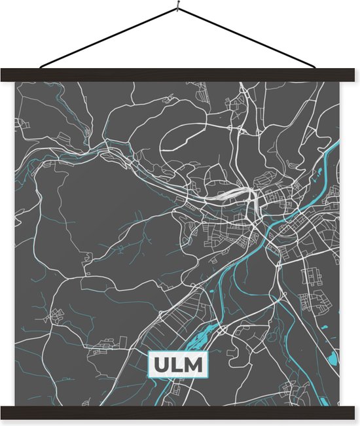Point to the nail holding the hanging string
click(x=178, y=9)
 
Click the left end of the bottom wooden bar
click(x=5, y=412)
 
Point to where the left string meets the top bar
click(x=41, y=67)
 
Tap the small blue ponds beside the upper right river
click(x=320, y=177)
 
